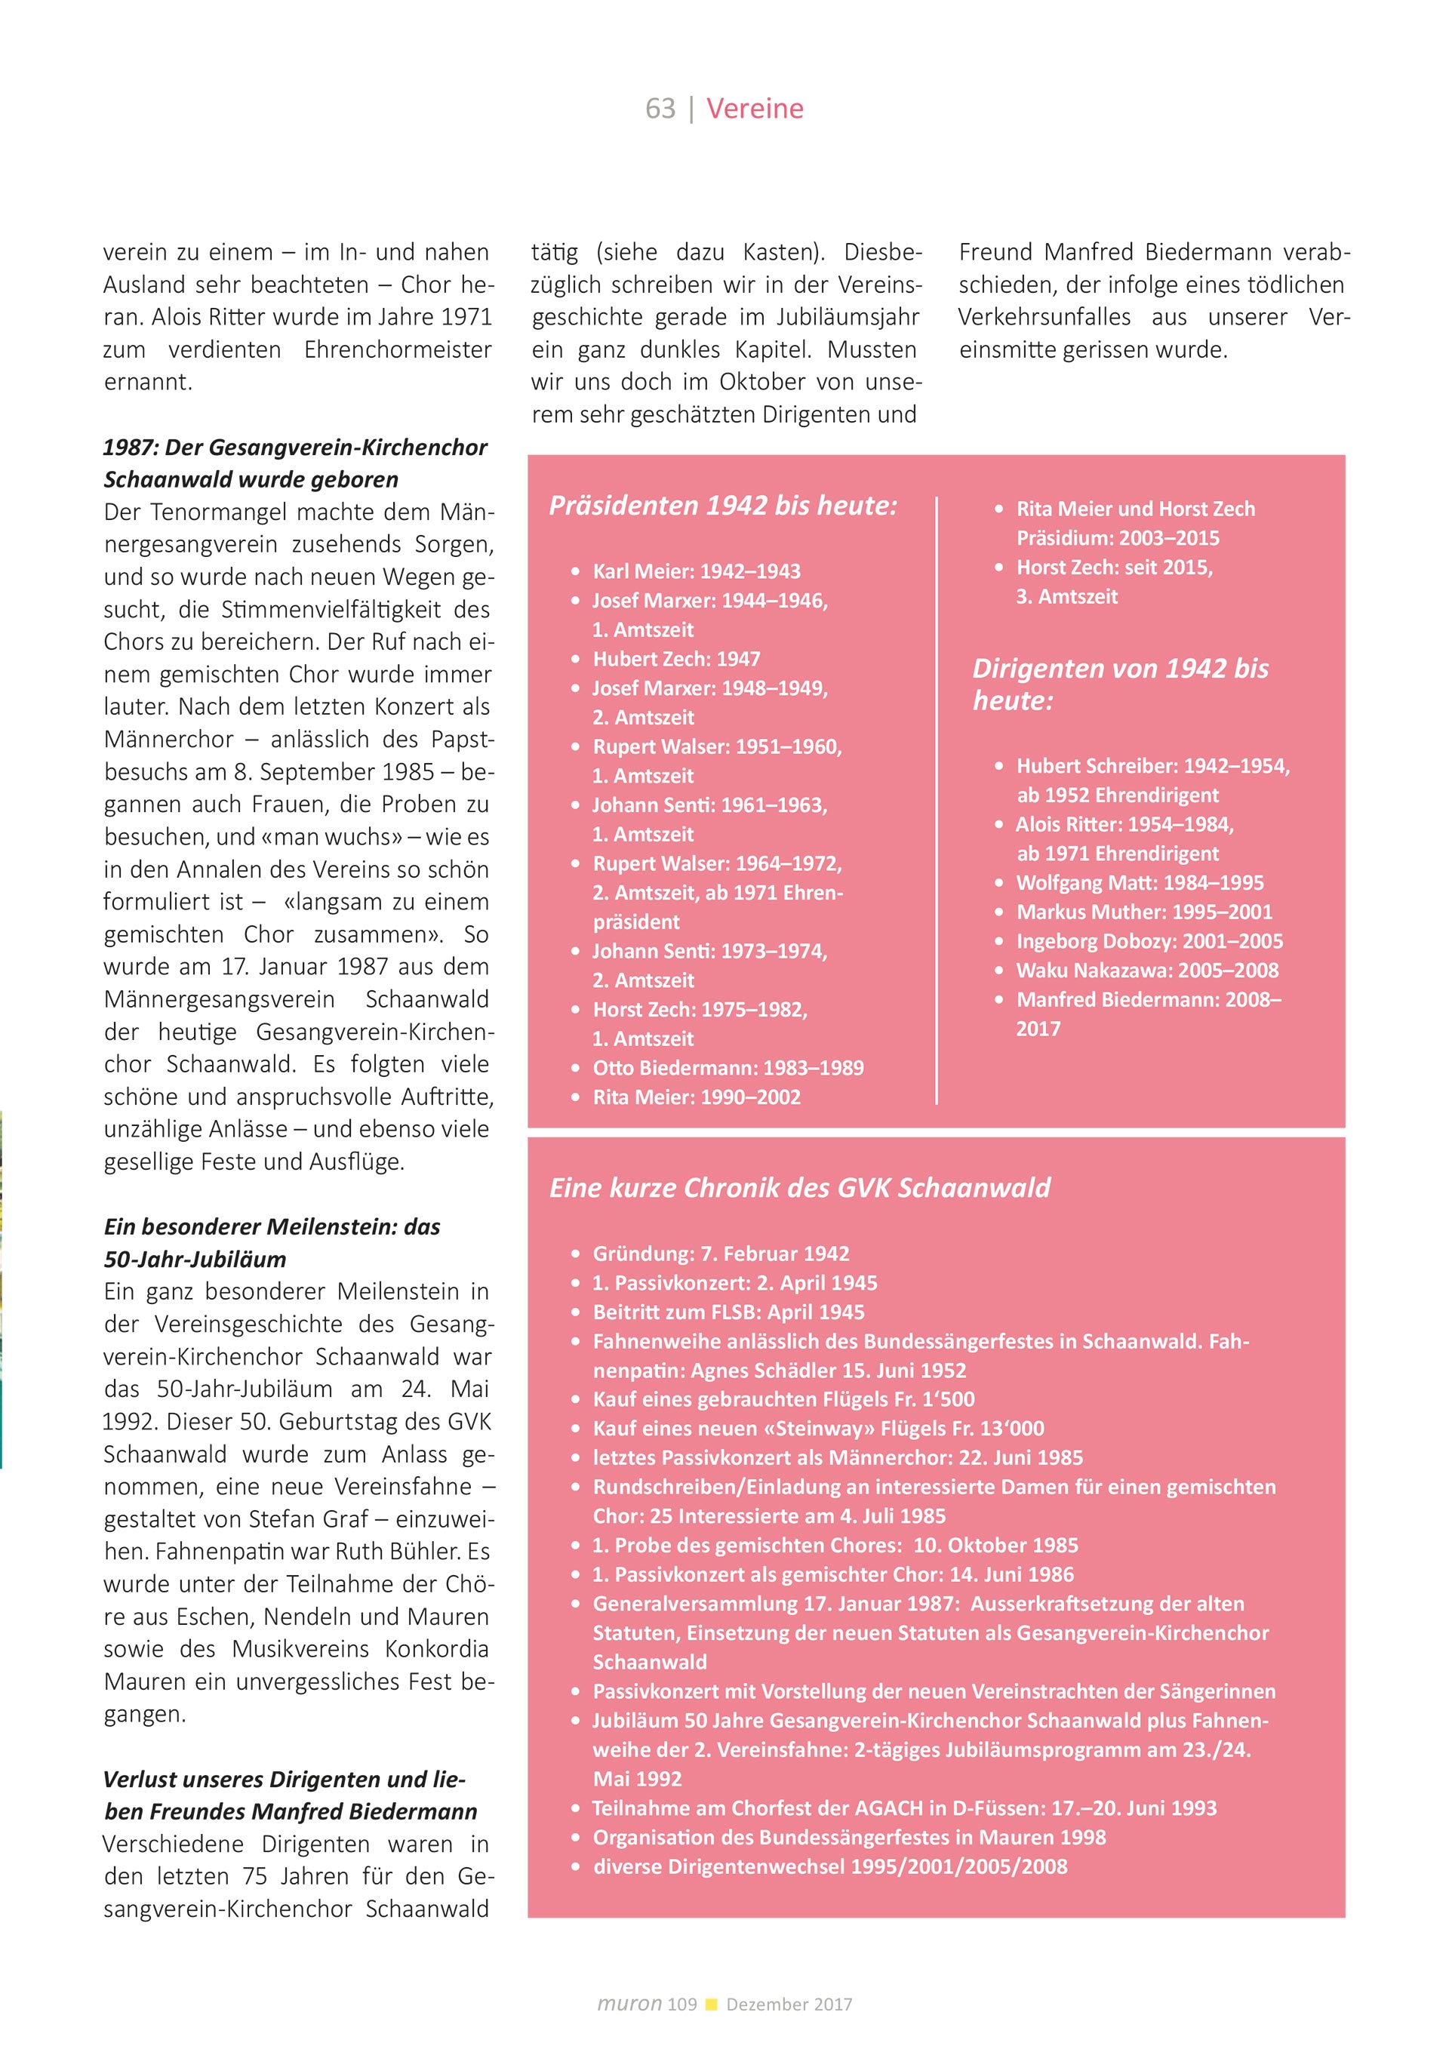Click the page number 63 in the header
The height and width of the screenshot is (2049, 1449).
pyautogui.click(x=660, y=108)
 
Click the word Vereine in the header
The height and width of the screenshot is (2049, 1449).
pyautogui.click(x=755, y=108)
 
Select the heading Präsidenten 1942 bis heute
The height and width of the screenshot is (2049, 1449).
pyautogui.click(x=723, y=505)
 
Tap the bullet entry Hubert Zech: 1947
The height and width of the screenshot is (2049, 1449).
pyautogui.click(x=676, y=659)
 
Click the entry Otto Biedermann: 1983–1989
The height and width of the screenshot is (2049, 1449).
pyautogui.click(x=728, y=1067)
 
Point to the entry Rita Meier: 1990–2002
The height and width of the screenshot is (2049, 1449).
pyautogui.click(x=696, y=1097)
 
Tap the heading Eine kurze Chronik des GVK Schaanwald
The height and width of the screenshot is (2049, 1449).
pyautogui.click(x=799, y=1188)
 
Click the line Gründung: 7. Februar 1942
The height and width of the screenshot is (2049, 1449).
pyautogui.click(x=721, y=1253)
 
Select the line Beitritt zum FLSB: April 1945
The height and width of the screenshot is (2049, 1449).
pyautogui.click(x=728, y=1312)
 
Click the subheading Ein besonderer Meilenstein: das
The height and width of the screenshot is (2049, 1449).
pyautogui.click(x=272, y=1226)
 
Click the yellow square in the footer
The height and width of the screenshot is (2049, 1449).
pyautogui.click(x=711, y=2004)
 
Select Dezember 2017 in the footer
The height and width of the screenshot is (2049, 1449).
pyautogui.click(x=789, y=2004)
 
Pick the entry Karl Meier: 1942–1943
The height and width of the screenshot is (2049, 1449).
pyautogui.click(x=696, y=571)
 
